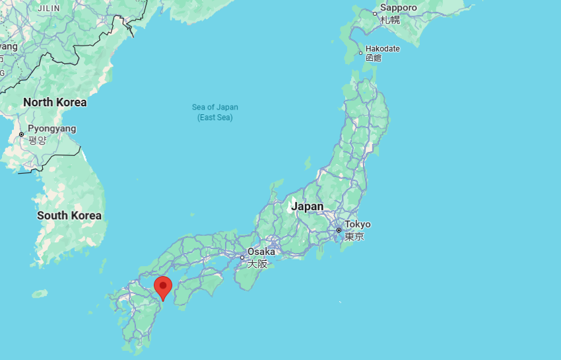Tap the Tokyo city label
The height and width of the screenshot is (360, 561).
click(357, 225)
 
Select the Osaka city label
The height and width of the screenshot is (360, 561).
click(261, 252)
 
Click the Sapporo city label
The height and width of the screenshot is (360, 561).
click(399, 8)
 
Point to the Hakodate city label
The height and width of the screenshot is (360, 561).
click(383, 48)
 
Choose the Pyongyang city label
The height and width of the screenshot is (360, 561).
click(51, 129)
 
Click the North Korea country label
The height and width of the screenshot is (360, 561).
click(55, 102)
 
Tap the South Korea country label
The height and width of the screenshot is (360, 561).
click(69, 215)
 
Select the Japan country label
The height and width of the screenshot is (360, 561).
click(308, 206)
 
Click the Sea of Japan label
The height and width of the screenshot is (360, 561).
click(215, 107)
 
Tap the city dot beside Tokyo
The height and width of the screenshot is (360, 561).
click(339, 231)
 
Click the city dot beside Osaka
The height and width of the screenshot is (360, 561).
click(242, 257)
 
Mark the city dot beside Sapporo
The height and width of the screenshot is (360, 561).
click(375, 13)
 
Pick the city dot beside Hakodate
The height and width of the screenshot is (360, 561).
click(360, 53)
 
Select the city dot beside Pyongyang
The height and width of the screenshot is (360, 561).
click(22, 134)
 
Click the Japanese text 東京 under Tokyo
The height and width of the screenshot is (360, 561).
click(354, 236)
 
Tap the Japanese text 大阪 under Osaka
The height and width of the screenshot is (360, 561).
click(257, 264)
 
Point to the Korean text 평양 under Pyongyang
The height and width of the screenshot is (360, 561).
click(37, 140)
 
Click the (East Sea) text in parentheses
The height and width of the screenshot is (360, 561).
click(215, 118)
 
